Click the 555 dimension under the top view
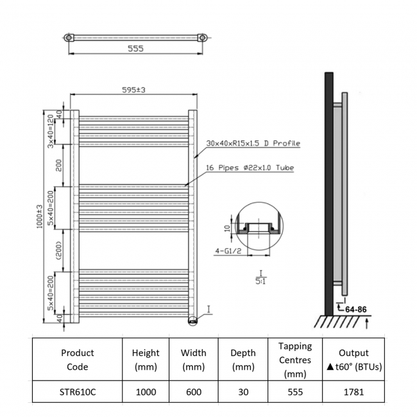(135, 49)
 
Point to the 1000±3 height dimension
(40, 217)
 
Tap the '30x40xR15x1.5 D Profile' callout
(253, 143)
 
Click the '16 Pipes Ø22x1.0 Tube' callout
(250, 168)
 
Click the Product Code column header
(77, 360)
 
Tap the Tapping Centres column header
(295, 360)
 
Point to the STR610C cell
(77, 392)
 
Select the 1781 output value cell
(353, 392)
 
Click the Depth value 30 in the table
(243, 392)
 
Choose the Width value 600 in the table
(193, 392)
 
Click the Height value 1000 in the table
(145, 392)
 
